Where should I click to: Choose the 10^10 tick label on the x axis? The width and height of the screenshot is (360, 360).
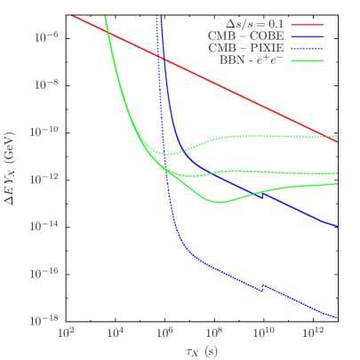tap(263, 332)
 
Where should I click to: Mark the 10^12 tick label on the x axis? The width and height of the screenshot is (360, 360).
tap(313, 332)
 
